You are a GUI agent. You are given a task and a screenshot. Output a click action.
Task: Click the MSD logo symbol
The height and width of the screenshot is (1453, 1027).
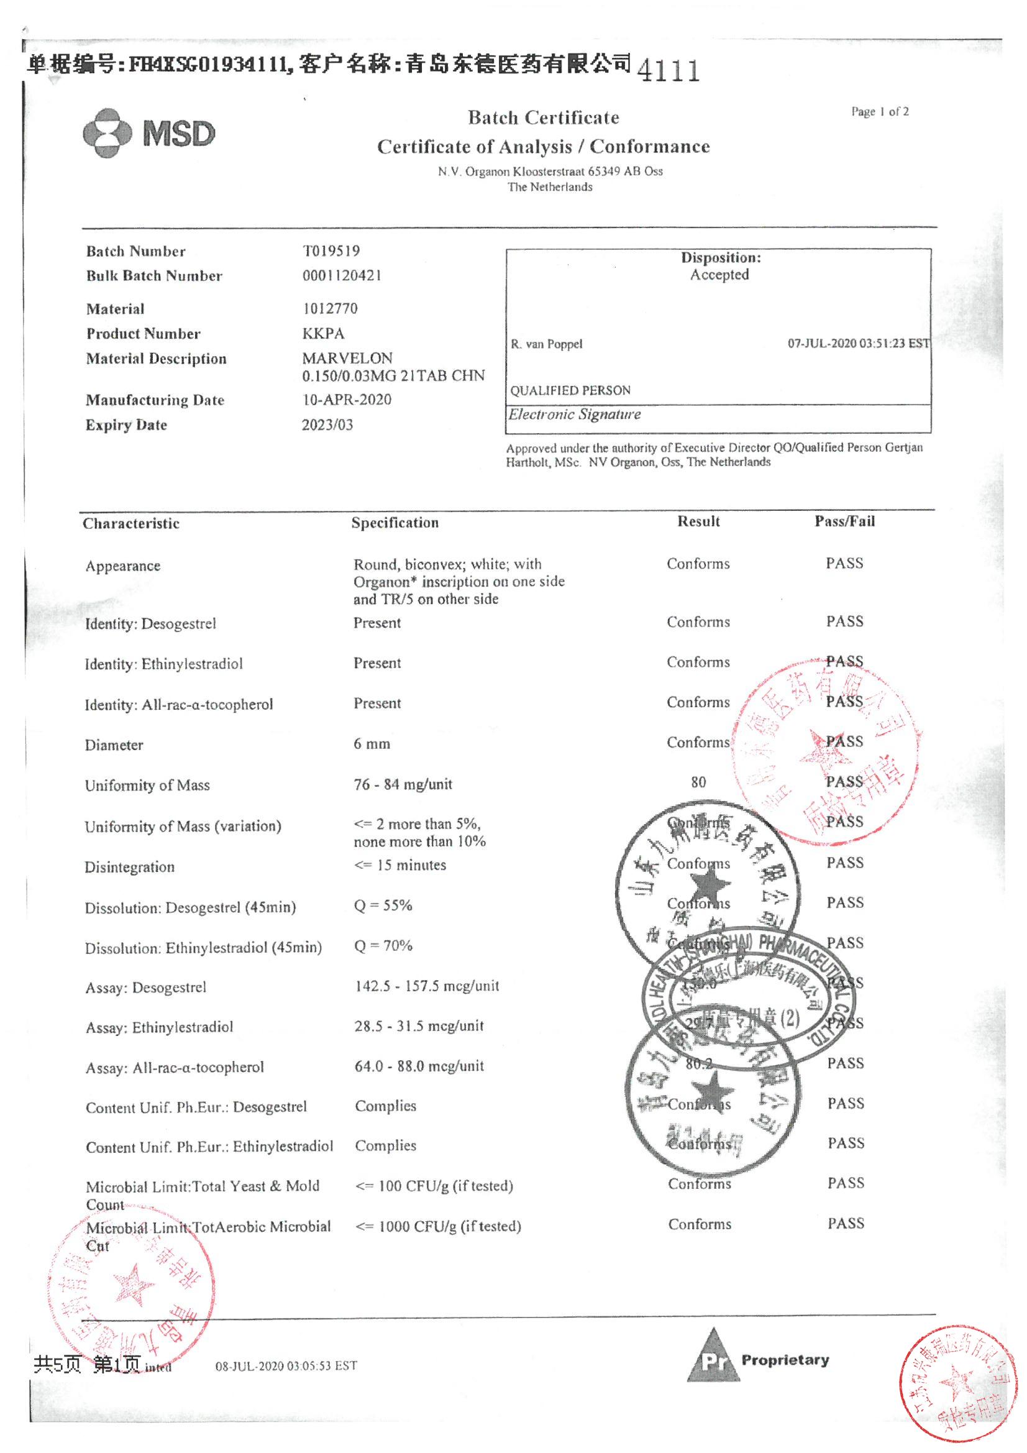pyautogui.click(x=107, y=133)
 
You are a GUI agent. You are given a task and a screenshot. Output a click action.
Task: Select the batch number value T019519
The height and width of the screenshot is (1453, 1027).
pyautogui.click(x=331, y=250)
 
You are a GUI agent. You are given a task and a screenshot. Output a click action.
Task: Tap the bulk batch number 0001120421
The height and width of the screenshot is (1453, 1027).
pyautogui.click(x=342, y=275)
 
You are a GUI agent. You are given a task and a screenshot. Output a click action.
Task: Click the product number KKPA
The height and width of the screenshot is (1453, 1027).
pyautogui.click(x=323, y=333)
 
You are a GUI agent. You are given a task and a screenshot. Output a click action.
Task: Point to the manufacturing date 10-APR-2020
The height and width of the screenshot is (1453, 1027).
pyautogui.click(x=347, y=400)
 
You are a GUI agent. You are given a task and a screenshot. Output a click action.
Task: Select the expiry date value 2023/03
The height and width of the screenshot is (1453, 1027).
pyautogui.click(x=327, y=424)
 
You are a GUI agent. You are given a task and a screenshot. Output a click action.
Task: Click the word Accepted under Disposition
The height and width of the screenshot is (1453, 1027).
pyautogui.click(x=719, y=275)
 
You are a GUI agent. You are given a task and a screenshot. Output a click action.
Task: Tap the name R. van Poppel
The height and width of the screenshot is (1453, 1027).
pyautogui.click(x=547, y=344)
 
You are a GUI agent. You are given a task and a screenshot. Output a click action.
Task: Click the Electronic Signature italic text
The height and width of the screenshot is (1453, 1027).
pyautogui.click(x=575, y=415)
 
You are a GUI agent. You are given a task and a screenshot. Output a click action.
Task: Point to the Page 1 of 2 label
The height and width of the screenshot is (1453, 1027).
pyautogui.click(x=880, y=112)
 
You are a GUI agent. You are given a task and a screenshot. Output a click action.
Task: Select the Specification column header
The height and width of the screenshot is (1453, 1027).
pyautogui.click(x=395, y=523)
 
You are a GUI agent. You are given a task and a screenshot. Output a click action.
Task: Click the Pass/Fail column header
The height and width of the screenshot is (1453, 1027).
pyautogui.click(x=844, y=521)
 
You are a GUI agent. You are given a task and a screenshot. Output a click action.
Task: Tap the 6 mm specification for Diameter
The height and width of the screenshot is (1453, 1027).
pyautogui.click(x=372, y=745)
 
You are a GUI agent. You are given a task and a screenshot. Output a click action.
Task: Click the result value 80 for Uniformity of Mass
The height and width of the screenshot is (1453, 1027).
pyautogui.click(x=698, y=782)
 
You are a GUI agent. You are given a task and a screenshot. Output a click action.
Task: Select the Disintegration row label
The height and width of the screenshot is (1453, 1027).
pyautogui.click(x=130, y=867)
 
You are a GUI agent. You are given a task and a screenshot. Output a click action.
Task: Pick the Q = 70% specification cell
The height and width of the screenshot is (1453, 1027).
pyautogui.click(x=383, y=945)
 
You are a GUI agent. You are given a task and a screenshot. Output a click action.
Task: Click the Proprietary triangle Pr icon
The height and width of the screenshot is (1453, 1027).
pyautogui.click(x=713, y=1356)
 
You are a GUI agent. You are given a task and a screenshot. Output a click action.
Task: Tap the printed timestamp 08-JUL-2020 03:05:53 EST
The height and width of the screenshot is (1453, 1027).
pyautogui.click(x=286, y=1365)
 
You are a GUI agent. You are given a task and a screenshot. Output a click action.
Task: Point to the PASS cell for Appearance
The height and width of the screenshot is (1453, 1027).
pyautogui.click(x=844, y=563)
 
